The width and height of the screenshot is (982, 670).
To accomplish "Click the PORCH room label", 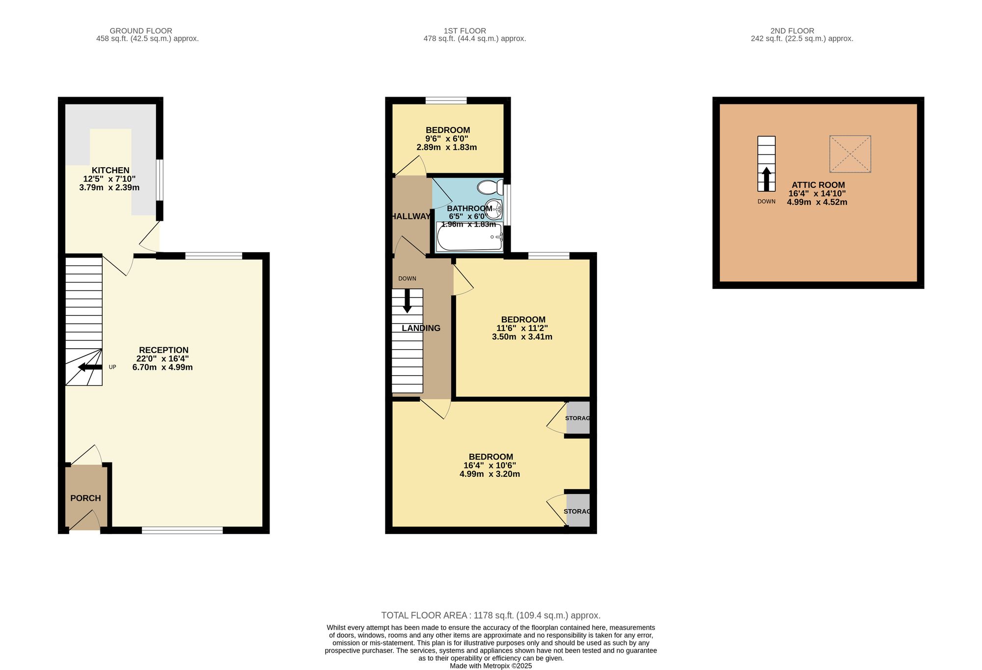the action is click(85, 498).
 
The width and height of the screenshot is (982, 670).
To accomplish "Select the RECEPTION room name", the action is click(164, 350).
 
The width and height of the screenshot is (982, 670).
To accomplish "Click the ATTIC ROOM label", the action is click(818, 185).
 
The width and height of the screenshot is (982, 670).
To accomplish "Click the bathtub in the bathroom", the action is click(469, 237).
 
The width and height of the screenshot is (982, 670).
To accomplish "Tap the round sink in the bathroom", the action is click(494, 209).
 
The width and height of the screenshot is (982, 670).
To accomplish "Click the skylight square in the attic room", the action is click(850, 154).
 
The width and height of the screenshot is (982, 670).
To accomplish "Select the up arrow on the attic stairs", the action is click(766, 179).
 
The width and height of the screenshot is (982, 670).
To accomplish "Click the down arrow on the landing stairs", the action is click(407, 301).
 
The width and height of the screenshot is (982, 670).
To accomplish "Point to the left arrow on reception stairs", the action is click(90, 367).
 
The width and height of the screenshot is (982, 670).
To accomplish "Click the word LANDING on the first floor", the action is click(421, 328).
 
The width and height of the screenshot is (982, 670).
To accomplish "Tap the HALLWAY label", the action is click(410, 216).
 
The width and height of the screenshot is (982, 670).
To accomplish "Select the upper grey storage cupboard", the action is click(578, 418).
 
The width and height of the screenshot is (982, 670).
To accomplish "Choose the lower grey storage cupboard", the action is click(578, 511).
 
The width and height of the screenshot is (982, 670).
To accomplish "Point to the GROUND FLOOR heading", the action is click(141, 31).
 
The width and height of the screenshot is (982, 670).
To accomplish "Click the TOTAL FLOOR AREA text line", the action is click(491, 616).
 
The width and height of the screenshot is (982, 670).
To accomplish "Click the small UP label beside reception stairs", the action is click(112, 367).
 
